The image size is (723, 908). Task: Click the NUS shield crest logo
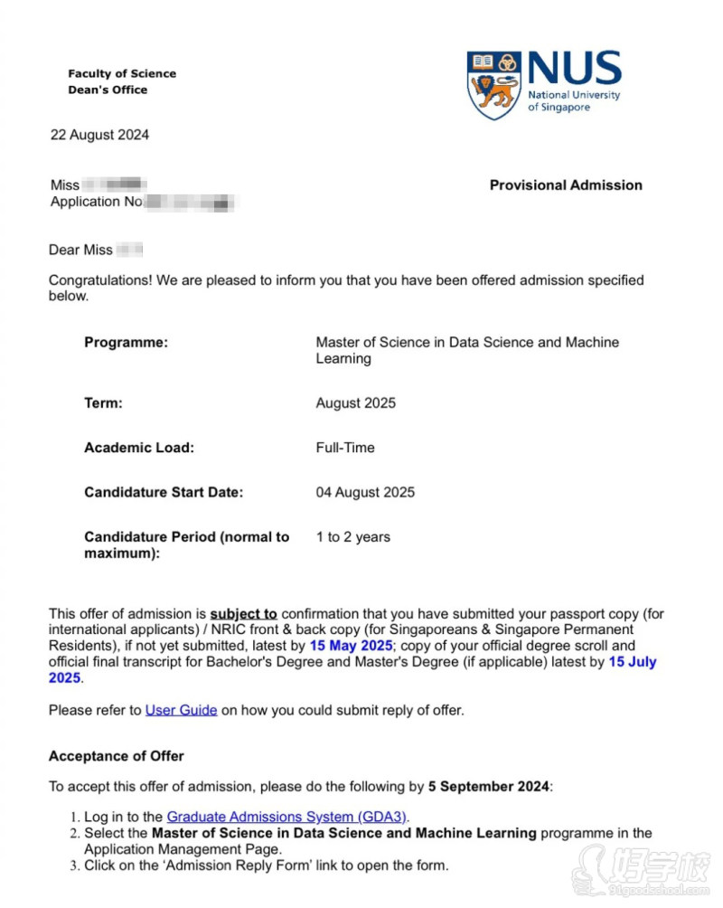tap(493, 85)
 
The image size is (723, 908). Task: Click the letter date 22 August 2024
tap(99, 136)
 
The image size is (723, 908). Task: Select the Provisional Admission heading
tap(566, 185)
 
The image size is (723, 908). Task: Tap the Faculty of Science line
tap(122, 74)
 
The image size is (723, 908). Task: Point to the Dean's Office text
tap(108, 90)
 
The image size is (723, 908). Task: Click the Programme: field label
tap(126, 343)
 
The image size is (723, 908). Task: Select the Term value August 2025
tap(355, 403)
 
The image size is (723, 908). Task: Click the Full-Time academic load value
tap(344, 448)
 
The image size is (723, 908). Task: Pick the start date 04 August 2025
tap(365, 493)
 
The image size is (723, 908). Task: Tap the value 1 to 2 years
tap(352, 537)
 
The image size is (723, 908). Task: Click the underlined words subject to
tap(243, 614)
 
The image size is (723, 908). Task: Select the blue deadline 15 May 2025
tap(351, 646)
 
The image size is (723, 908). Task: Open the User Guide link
tap(181, 711)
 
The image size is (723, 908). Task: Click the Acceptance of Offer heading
tap(116, 756)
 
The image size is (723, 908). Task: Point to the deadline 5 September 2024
tap(488, 786)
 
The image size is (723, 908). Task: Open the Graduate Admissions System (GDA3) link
tap(287, 818)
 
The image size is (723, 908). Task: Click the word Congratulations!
tap(100, 280)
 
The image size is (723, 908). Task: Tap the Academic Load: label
tap(139, 448)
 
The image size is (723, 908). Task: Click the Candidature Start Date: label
tap(164, 493)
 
